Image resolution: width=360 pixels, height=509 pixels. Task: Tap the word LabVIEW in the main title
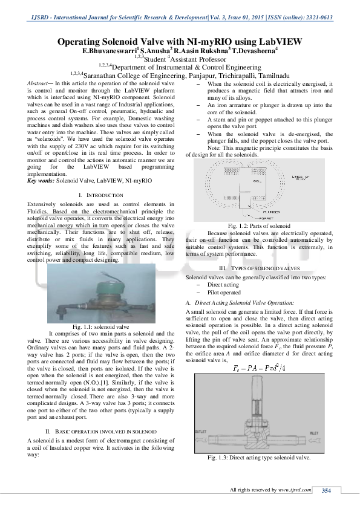(x=275, y=42)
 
